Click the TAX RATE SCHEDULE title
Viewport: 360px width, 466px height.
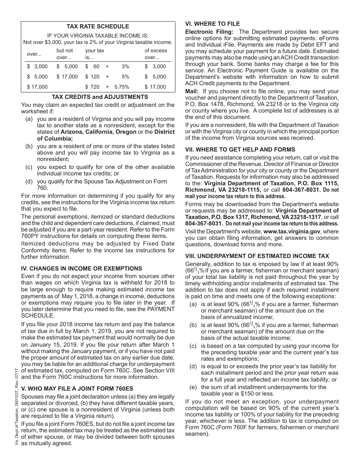pyautogui.click(x=98, y=27)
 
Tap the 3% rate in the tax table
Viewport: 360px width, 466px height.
pyautogui.click(x=125, y=66)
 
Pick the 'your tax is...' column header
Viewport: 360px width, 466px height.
pyautogui.click(x=94, y=54)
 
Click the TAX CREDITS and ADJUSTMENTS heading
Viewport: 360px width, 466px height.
pyautogui.click(x=100, y=97)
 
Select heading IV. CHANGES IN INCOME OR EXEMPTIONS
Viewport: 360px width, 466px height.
pyautogui.click(x=81, y=268)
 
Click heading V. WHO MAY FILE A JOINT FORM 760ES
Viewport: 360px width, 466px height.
pyautogui.click(x=77, y=388)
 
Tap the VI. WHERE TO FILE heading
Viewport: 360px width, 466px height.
pyautogui.click(x=213, y=23)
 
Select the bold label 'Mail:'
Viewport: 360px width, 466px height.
pyautogui.click(x=192, y=91)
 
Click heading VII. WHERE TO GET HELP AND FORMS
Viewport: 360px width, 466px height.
pyautogui.click(x=240, y=149)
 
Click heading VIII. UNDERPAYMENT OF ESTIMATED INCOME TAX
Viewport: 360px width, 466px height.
pyautogui.click(x=257, y=256)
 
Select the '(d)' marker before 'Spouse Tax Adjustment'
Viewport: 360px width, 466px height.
pyautogui.click(x=29, y=181)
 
